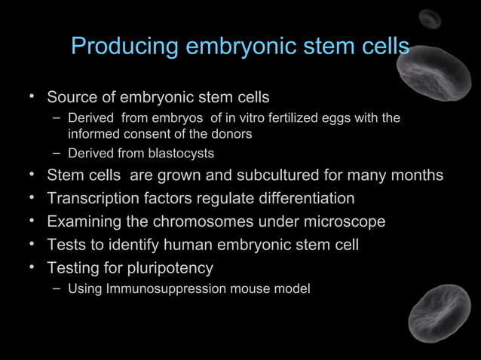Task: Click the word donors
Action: pos(232,134)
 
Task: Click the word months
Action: pos(416,175)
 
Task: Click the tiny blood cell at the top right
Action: pos(430,19)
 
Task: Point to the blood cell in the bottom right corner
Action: pos(440,313)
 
